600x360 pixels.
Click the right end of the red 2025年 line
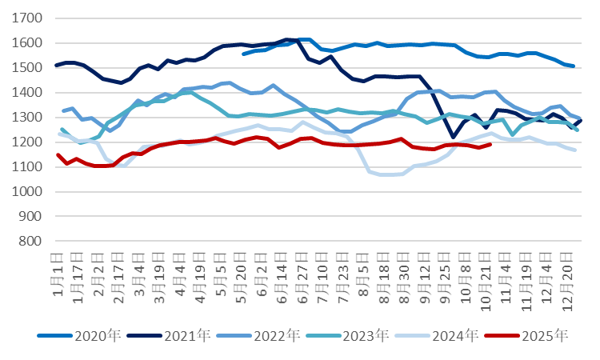click(x=490, y=144)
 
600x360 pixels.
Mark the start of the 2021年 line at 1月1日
click(x=57, y=65)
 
